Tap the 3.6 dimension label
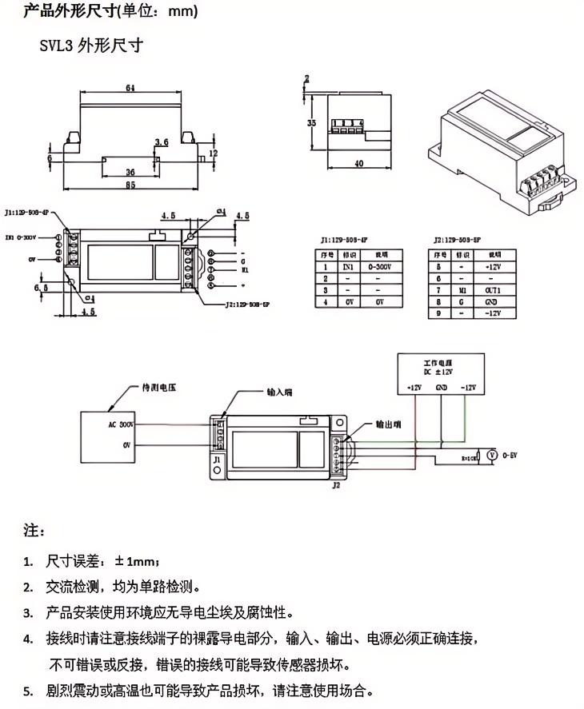(161, 141)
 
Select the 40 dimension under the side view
(358, 163)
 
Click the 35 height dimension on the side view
(311, 123)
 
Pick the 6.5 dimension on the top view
(41, 287)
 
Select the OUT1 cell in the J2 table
(491, 289)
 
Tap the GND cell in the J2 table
(491, 301)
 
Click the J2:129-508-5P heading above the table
(458, 238)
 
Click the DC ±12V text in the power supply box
(440, 372)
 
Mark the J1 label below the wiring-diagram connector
(216, 461)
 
